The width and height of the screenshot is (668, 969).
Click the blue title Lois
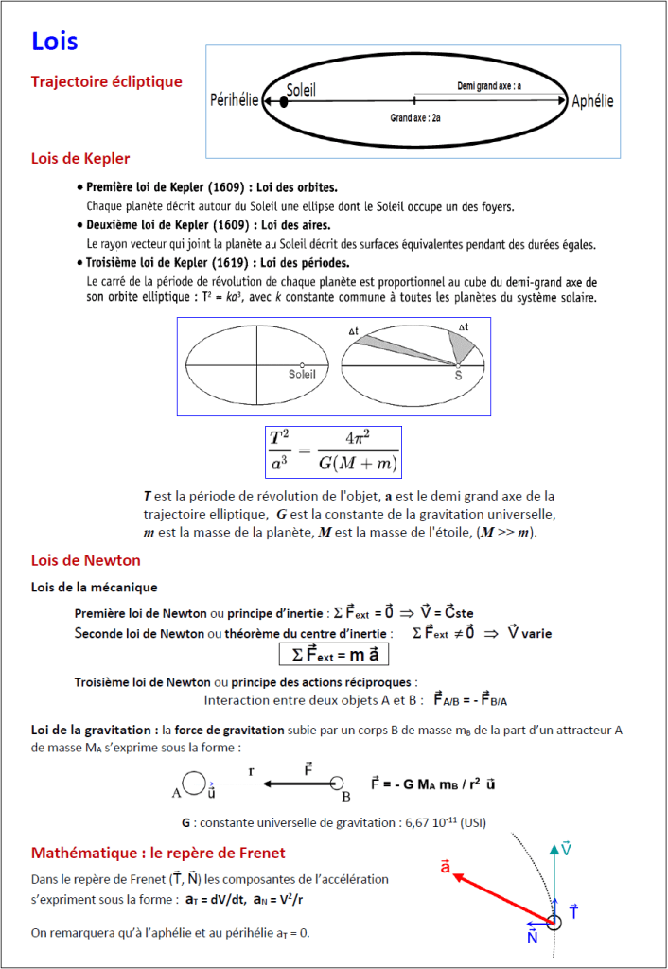click(55, 42)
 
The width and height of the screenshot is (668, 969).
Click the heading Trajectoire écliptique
click(106, 82)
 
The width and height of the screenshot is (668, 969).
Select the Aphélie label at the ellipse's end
click(592, 101)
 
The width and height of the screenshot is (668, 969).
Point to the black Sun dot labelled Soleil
click(283, 100)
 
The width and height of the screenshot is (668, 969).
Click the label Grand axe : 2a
click(414, 119)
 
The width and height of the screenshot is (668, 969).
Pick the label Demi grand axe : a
click(489, 86)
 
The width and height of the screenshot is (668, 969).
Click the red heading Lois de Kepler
click(80, 158)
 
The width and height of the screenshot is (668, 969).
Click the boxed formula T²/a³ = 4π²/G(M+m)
click(333, 451)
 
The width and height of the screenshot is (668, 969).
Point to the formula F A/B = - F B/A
click(470, 700)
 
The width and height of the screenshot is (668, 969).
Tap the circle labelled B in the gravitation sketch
click(337, 784)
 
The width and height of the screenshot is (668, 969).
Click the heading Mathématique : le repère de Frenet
click(158, 853)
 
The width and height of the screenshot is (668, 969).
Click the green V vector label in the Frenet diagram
click(566, 847)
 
